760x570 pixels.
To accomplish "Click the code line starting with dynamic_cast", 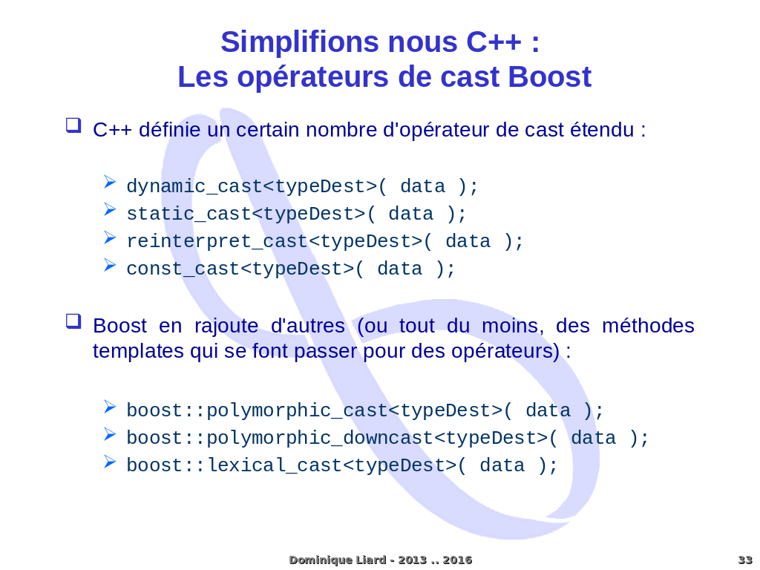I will tap(302, 186).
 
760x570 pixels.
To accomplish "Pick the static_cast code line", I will tap(296, 214).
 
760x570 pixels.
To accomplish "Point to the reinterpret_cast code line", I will tap(324, 241).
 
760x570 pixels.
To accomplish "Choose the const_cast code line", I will tap(290, 269).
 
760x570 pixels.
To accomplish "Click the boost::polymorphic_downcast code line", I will tap(387, 438).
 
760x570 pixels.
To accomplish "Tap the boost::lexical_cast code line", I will tap(341, 465).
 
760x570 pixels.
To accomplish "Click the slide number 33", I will tap(744, 560).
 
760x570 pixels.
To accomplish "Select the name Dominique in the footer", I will tap(318, 560).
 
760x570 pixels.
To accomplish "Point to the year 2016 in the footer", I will tap(457, 560).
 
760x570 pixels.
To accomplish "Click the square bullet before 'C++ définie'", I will tap(73, 125).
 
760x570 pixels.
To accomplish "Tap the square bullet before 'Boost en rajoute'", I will tap(73, 321).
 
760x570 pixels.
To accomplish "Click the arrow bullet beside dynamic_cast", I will tap(110, 182).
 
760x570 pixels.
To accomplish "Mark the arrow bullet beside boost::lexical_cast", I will tap(110, 461).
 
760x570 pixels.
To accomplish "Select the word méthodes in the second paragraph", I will tap(648, 326).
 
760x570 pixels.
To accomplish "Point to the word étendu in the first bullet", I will tap(601, 130).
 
